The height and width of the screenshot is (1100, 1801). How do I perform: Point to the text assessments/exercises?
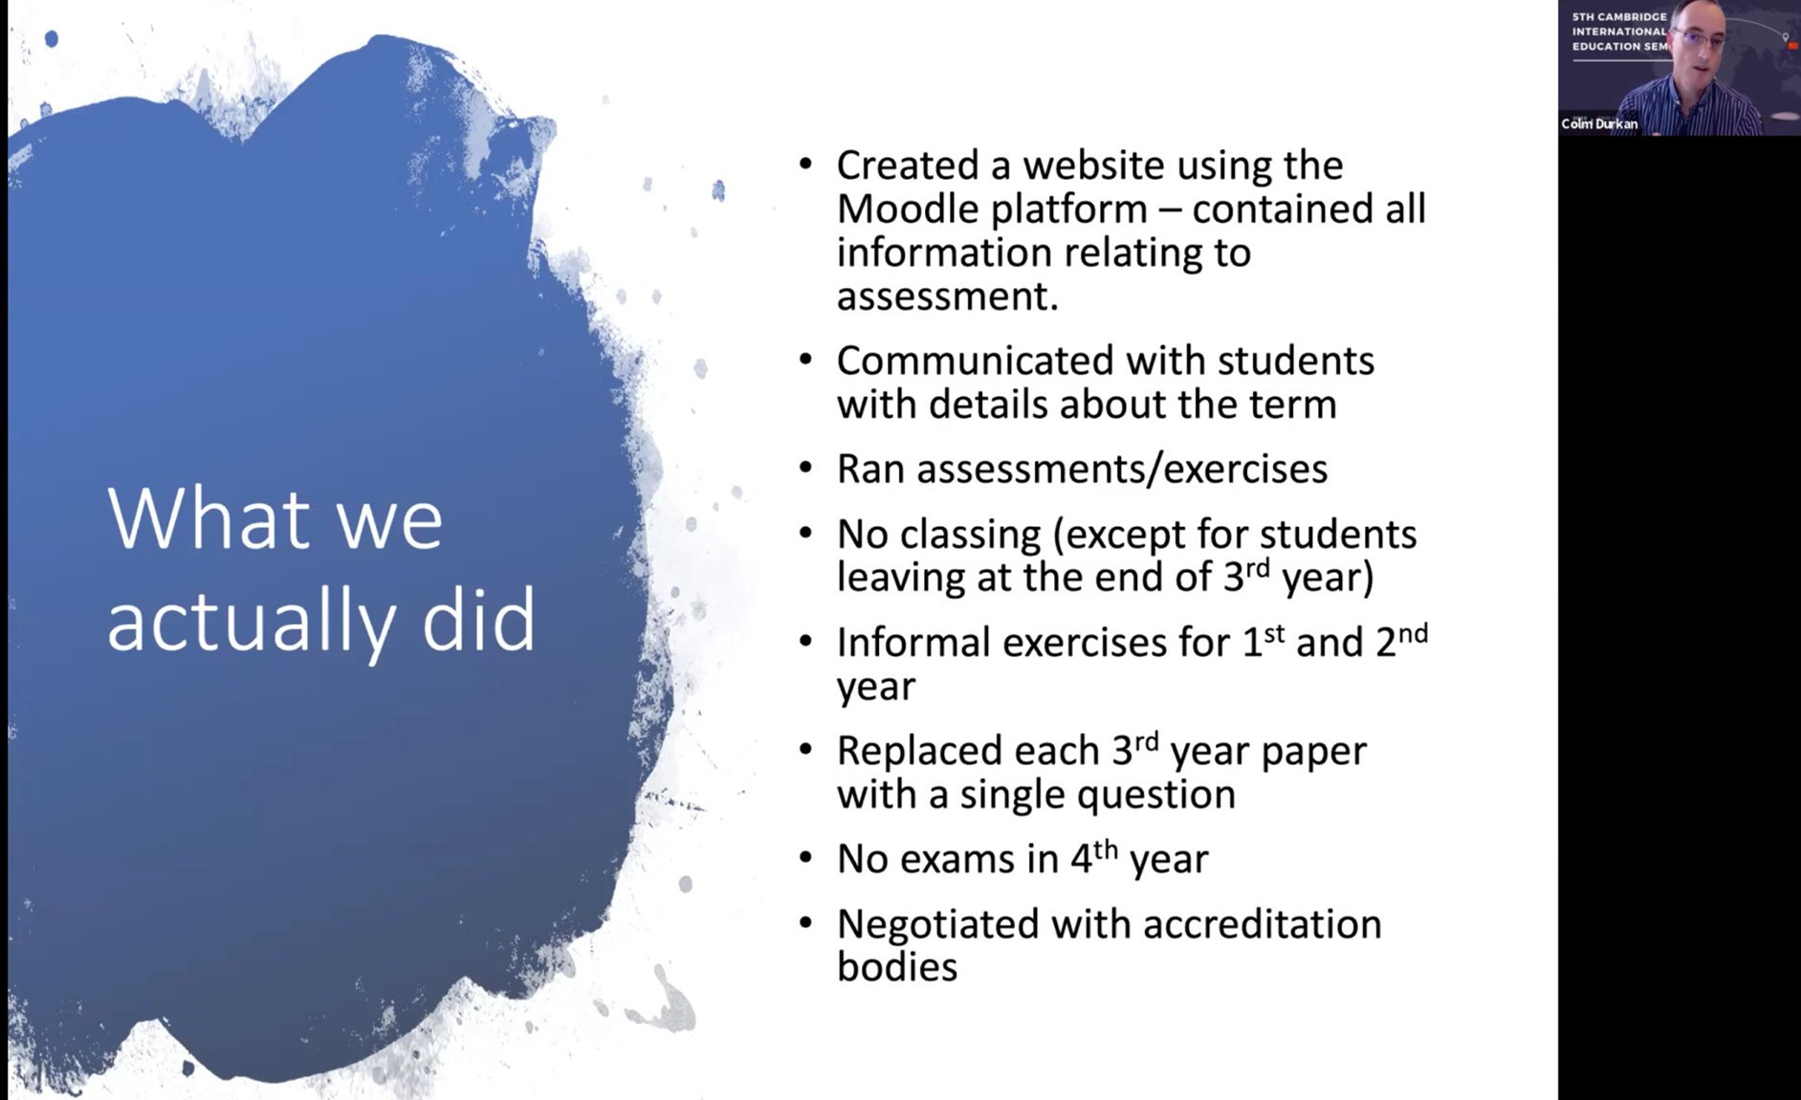(x=1123, y=469)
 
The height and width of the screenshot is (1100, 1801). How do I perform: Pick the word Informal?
(x=913, y=642)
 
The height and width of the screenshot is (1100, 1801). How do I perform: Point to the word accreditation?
(x=1263, y=924)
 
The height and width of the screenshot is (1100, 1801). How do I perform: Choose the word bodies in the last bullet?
(x=897, y=966)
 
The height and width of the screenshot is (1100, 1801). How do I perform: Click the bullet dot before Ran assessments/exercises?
(x=805, y=468)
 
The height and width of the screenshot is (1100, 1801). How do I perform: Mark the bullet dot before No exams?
(x=805, y=857)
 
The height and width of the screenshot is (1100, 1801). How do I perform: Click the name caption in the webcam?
(x=1599, y=123)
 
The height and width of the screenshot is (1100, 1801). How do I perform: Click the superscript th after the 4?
(x=1106, y=848)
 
